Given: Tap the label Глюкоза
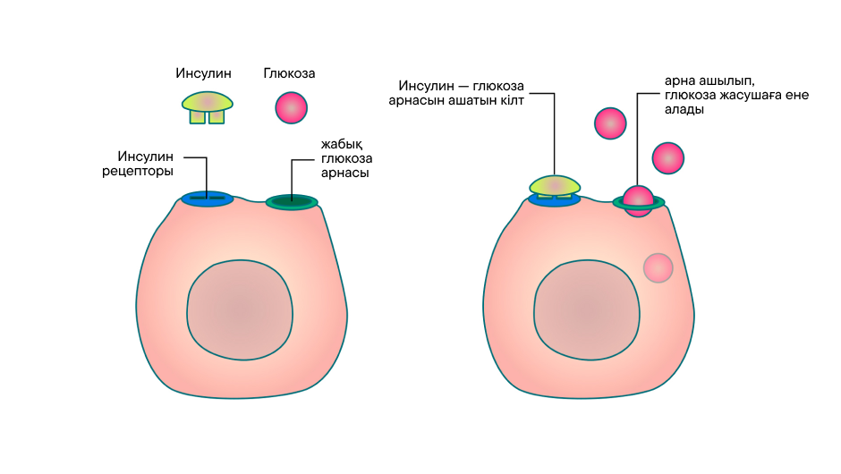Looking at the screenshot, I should pyautogui.click(x=289, y=74).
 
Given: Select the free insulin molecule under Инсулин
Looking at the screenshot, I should pyautogui.click(x=208, y=106).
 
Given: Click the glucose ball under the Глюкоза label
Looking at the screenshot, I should pyautogui.click(x=291, y=107).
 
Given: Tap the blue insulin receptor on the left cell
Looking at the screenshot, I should pyautogui.click(x=207, y=199).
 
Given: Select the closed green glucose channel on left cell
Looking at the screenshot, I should pyautogui.click(x=292, y=202).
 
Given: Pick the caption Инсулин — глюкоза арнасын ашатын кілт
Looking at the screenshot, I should pyautogui.click(x=462, y=93).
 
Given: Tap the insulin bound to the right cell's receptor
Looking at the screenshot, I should pyautogui.click(x=554, y=185).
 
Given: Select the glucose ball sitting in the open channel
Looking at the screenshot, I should pyautogui.click(x=639, y=200).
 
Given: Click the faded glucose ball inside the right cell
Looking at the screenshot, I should pyautogui.click(x=658, y=267).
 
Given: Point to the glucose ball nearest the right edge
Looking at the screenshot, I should pyautogui.click(x=668, y=157).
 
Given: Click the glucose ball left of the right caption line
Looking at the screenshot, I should pyautogui.click(x=610, y=123).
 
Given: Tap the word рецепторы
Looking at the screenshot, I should pyautogui.click(x=138, y=171).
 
